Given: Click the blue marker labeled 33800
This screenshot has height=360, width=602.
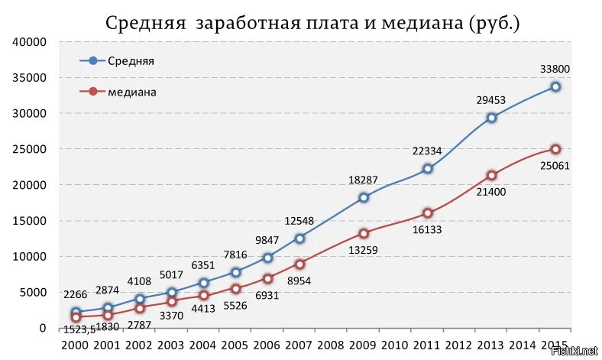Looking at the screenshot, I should tap(555, 86).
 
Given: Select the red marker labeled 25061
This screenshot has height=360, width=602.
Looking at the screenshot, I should tap(555, 149).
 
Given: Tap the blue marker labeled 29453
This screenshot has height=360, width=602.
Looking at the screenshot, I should tap(491, 118).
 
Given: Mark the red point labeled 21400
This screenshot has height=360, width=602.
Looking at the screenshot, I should tap(491, 175).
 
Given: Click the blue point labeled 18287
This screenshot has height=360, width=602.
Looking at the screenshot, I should tap(364, 197).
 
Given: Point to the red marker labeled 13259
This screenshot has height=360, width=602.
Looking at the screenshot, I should tap(364, 233).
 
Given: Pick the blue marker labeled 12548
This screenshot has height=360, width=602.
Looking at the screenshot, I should tap(299, 238).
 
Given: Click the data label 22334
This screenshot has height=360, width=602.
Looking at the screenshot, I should tap(428, 151).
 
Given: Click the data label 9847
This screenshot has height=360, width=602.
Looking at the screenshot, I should tap(267, 239).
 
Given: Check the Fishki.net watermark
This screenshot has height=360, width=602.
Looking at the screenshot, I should tap(577, 351).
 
